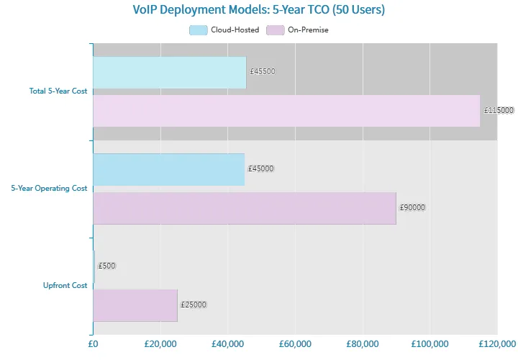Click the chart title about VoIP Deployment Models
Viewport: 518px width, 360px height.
[258, 10]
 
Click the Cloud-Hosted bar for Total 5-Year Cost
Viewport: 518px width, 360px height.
[170, 72]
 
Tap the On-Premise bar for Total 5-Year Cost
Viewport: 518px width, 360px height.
[286, 111]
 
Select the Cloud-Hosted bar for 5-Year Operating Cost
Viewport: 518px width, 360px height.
[168, 169]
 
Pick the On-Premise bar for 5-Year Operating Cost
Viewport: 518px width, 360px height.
[245, 208]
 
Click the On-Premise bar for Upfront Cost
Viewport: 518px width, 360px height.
[135, 305]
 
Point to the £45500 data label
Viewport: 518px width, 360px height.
[263, 72]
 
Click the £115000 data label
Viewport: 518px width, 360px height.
[499, 111]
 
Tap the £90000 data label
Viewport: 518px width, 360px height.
[412, 208]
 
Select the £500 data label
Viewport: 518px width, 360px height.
[106, 266]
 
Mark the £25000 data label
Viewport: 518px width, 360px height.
[194, 305]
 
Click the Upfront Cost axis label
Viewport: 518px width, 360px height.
[65, 286]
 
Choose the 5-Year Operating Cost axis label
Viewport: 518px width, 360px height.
[49, 189]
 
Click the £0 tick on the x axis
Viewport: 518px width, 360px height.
[93, 345]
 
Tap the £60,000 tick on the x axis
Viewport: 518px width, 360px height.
[295, 345]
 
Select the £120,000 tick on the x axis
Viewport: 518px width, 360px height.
[496, 345]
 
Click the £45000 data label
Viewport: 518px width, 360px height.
[261, 169]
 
